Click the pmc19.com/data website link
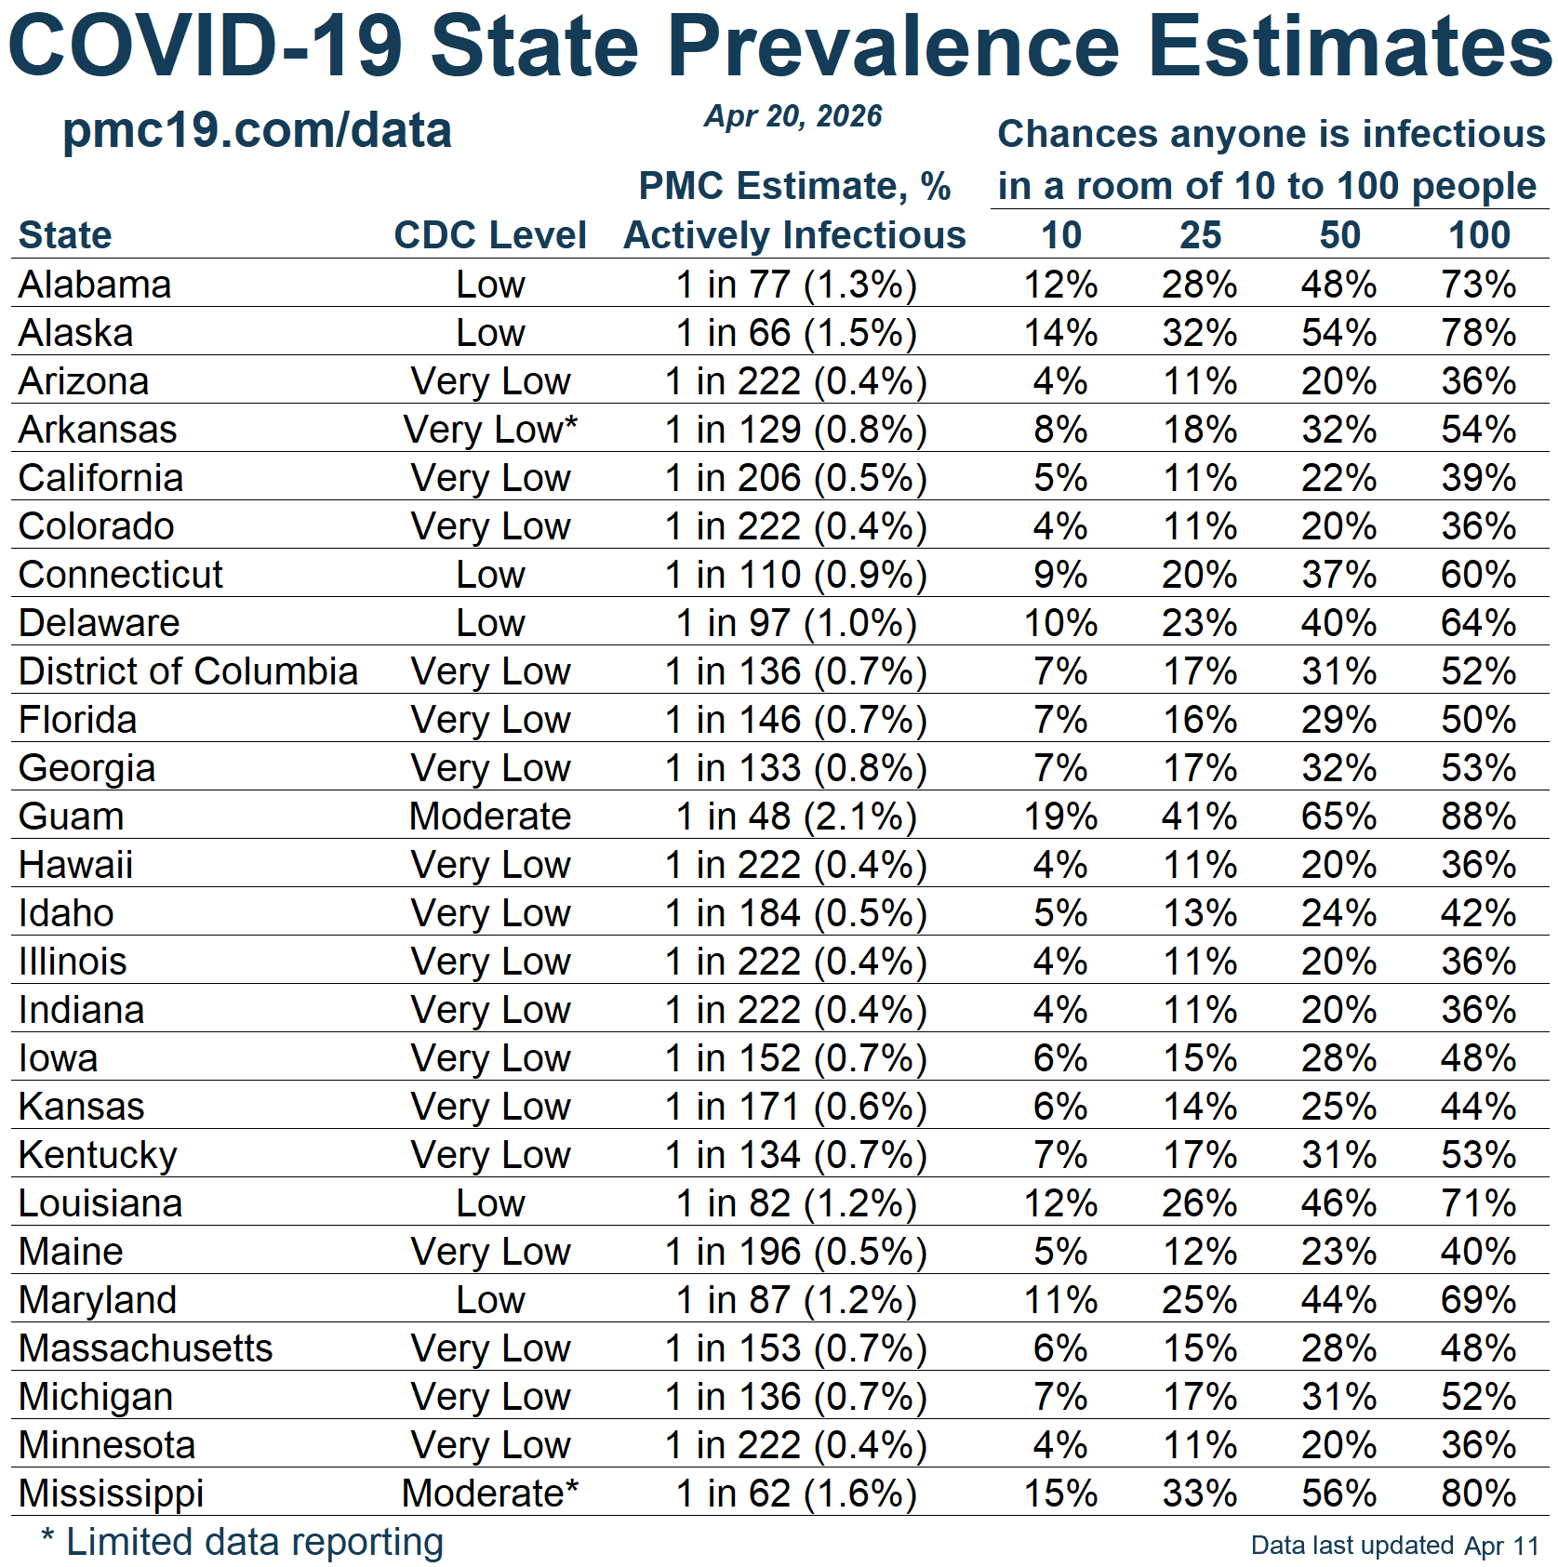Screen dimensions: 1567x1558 click(x=257, y=130)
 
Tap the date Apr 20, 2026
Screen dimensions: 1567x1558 click(x=792, y=116)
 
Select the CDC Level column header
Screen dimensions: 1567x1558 click(x=490, y=235)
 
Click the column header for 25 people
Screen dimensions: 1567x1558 click(x=1200, y=235)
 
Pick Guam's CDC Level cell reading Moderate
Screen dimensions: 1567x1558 click(x=490, y=817)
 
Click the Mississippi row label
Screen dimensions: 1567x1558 click(x=112, y=1494)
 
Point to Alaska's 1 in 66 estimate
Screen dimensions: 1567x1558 click(x=796, y=333)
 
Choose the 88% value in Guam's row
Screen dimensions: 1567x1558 click(x=1479, y=817)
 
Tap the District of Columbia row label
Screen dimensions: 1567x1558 click(x=188, y=671)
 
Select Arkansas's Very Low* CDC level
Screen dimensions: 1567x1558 click(x=490, y=430)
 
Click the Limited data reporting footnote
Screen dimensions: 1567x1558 click(x=243, y=1542)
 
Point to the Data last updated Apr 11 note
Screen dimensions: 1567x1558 click(x=1394, y=1546)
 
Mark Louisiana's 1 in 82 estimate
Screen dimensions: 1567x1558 click(x=796, y=1203)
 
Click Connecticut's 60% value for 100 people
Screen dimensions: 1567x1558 click(x=1479, y=575)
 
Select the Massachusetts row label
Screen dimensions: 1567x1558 click(x=145, y=1348)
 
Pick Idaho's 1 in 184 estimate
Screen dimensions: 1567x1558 click(x=796, y=913)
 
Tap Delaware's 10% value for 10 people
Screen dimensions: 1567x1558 click(x=1060, y=623)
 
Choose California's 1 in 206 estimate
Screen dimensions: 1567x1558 click(x=796, y=478)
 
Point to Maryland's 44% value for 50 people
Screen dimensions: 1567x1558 click(x=1339, y=1300)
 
